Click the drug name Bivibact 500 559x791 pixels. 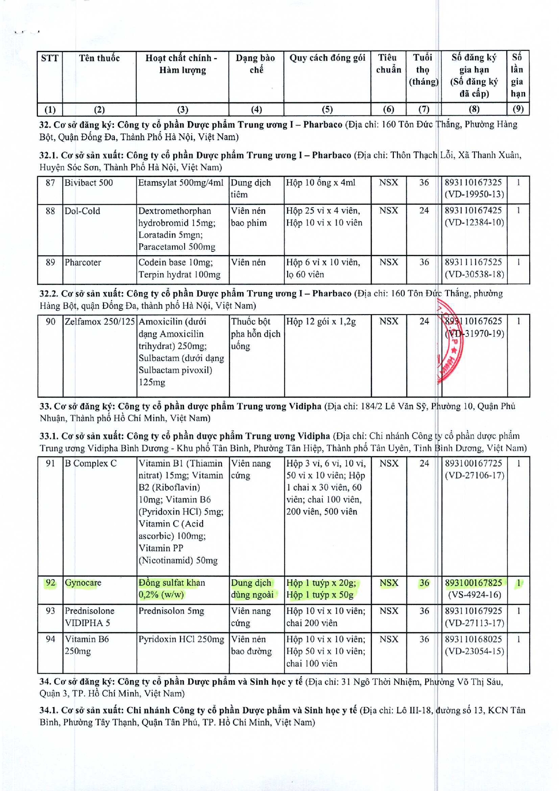89,183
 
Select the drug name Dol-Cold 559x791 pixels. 82,211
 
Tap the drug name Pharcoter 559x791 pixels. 83,262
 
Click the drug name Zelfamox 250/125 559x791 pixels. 100,321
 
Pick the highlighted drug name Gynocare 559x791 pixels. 83,583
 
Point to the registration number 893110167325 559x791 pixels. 473,183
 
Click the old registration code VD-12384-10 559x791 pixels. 474,223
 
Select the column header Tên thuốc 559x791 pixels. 99,58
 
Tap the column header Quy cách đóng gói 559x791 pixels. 327,58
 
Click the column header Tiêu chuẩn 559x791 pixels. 388,64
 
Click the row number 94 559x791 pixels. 50,639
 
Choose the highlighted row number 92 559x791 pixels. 50,583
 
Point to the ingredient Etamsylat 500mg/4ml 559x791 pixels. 181,183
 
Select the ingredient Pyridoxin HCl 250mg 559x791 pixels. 181,639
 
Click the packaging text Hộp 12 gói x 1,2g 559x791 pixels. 321,321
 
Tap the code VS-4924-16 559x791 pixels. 474,595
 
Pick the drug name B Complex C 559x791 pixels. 90,463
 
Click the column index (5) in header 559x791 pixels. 327,109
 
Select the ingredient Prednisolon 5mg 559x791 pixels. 171,611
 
